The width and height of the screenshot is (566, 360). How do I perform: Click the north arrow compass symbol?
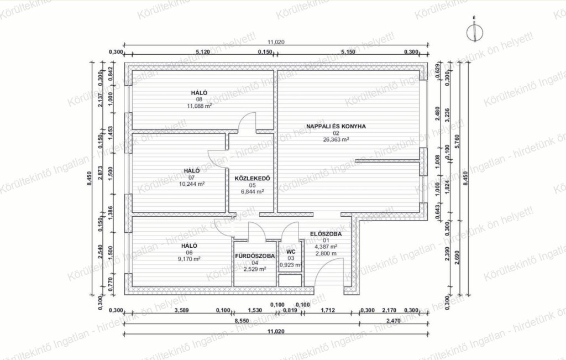click(x=474, y=33)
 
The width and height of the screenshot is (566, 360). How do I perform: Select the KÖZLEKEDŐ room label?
click(x=252, y=179)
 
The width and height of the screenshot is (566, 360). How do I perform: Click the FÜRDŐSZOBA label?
click(x=255, y=256)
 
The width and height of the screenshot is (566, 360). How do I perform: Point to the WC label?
click(x=291, y=252)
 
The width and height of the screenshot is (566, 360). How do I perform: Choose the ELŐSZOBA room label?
click(x=326, y=234)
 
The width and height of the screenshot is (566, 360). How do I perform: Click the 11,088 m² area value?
click(x=199, y=106)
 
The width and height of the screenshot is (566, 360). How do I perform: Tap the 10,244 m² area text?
click(x=192, y=184)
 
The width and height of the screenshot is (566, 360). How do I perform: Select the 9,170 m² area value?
click(x=189, y=259)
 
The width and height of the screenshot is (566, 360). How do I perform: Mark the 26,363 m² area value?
click(x=336, y=139)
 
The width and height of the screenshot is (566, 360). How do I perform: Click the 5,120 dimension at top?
click(x=203, y=51)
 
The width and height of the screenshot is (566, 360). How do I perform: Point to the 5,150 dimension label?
click(x=348, y=51)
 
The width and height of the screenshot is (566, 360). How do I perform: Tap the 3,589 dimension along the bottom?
click(x=181, y=310)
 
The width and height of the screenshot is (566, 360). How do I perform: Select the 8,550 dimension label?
click(x=242, y=320)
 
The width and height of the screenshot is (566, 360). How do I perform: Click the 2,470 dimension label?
click(x=394, y=320)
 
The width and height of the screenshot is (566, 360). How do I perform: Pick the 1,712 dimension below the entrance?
click(x=328, y=310)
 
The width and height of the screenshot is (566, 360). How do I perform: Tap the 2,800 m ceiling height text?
click(x=326, y=253)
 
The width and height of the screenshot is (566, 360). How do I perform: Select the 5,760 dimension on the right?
click(x=458, y=142)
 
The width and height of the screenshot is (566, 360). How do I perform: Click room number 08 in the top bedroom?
click(x=199, y=100)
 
